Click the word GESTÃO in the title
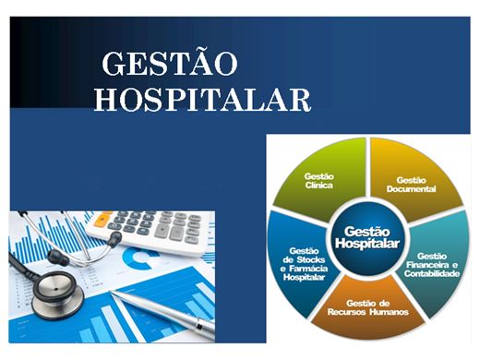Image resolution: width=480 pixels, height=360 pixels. [169, 64]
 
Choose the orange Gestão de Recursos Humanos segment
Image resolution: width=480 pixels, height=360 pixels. [369, 310]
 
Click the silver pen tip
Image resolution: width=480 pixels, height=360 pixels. [112, 294]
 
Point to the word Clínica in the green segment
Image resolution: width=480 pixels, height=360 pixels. [318, 186]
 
